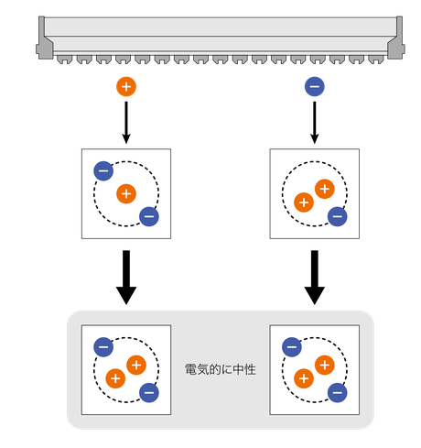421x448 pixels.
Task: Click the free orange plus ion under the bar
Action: [x=126, y=87]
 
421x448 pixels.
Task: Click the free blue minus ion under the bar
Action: [x=315, y=87]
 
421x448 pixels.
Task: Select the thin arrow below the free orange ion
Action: [x=126, y=123]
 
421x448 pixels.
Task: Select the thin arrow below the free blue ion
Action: [x=315, y=123]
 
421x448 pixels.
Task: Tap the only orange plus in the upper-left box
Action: [x=126, y=194]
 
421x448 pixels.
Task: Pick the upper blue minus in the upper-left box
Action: [x=103, y=170]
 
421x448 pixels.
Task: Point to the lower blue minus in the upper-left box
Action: [x=149, y=216]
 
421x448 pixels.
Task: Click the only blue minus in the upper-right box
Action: [x=337, y=216]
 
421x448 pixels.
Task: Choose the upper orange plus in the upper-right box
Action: [x=325, y=189]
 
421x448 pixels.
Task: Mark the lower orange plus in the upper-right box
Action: [x=304, y=202]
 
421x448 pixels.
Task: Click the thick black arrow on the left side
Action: [x=126, y=278]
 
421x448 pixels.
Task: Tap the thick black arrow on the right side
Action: [x=315, y=278]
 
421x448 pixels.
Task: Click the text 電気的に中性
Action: [x=221, y=369]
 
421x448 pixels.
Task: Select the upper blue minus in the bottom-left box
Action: [x=103, y=347]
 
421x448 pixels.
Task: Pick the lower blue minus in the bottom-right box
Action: [x=337, y=393]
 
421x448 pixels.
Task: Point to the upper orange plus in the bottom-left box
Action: [x=136, y=366]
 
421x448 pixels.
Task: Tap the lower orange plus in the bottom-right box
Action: [x=304, y=378]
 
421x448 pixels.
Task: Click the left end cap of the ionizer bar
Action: [x=44, y=38]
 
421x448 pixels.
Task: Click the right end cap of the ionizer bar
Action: [x=396, y=38]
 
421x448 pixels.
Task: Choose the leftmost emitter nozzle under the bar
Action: [x=65, y=60]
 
